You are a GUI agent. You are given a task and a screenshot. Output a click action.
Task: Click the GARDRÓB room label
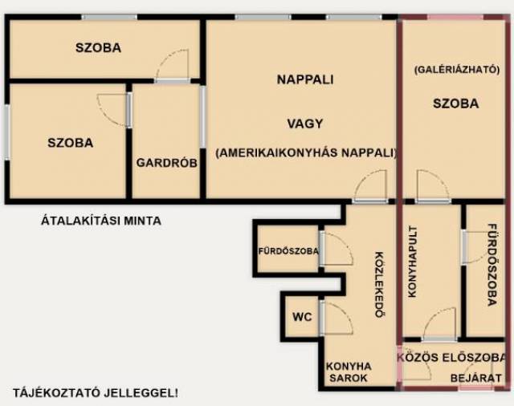(x=167, y=163)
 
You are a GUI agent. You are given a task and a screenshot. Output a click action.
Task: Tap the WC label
(x=302, y=317)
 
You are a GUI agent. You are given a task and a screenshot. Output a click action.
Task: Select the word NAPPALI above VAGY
(x=305, y=79)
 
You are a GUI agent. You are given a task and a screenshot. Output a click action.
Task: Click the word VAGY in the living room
(x=305, y=124)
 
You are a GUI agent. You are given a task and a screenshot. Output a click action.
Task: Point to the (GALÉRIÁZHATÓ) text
(x=457, y=70)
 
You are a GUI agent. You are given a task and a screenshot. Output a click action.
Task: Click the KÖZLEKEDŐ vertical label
(x=379, y=285)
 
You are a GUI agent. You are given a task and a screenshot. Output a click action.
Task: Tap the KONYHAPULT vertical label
(x=412, y=262)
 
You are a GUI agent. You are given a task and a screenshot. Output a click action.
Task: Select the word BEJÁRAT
(x=476, y=378)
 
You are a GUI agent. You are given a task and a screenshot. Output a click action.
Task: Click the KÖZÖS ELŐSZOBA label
(x=451, y=358)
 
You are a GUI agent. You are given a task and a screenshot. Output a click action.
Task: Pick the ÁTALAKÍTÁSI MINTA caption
(x=101, y=221)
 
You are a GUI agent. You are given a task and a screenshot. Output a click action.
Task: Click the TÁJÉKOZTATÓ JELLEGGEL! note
(x=96, y=392)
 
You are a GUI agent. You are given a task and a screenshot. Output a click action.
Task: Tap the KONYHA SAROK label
(x=349, y=372)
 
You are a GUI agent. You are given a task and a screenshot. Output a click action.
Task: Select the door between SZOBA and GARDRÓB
(x=113, y=110)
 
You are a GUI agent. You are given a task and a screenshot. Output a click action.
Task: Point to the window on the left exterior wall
(x=7, y=132)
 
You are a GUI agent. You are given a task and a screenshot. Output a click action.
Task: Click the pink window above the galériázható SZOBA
(x=455, y=17)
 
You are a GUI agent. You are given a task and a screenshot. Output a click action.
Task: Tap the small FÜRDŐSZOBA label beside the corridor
(x=288, y=251)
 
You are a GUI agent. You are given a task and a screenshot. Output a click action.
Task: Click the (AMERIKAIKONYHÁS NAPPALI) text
(x=306, y=153)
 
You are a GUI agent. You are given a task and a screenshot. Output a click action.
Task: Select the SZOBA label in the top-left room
(x=98, y=48)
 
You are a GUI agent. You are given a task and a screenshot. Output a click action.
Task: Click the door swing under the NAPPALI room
(x=369, y=185)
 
